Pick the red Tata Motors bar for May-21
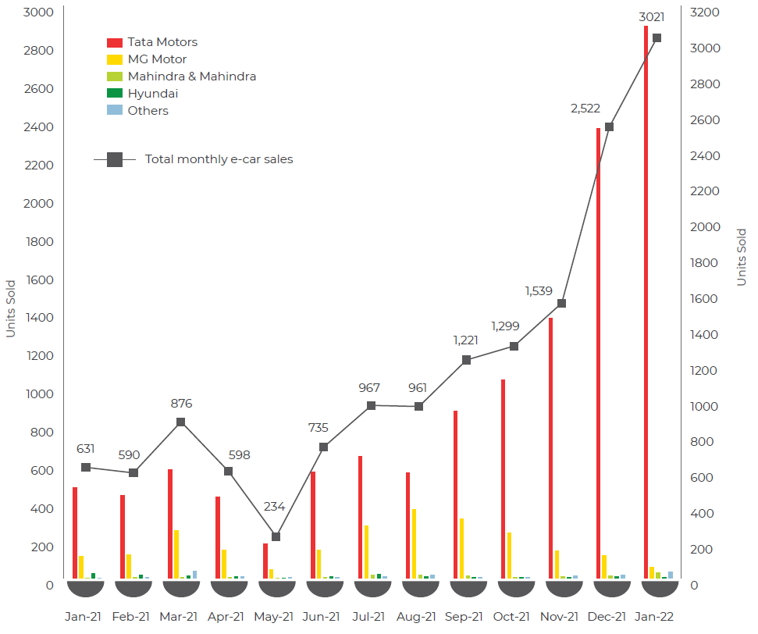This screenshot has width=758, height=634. (265, 561)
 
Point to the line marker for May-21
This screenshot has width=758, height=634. (276, 536)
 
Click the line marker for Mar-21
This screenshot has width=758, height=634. (180, 422)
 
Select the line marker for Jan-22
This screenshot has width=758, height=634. (657, 38)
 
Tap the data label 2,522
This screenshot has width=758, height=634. (585, 109)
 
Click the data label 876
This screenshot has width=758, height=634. (181, 404)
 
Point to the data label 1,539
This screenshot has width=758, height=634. (539, 291)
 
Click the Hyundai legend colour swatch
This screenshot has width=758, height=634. (114, 94)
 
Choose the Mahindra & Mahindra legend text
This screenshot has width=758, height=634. (192, 77)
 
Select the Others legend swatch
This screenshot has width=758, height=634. (114, 111)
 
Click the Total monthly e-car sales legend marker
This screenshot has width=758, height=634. (115, 159)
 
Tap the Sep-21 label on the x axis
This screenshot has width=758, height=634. (464, 617)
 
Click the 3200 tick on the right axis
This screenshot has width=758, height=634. (705, 12)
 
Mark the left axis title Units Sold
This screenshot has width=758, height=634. (10, 308)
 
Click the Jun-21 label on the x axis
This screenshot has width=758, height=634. (321, 617)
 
